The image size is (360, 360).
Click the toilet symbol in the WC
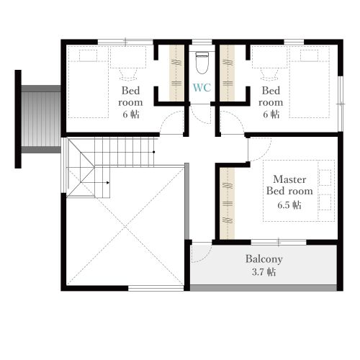tap(202, 63)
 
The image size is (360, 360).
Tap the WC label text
tap(202, 88)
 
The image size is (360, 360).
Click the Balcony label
tap(264, 259)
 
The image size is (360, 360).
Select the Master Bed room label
tap(289, 185)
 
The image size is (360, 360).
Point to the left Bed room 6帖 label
tap(130, 102)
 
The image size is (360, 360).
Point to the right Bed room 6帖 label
tap(271, 102)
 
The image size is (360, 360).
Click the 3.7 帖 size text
tap(264, 272)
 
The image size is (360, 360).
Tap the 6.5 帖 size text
tap(289, 205)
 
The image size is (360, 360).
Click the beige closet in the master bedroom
tap(227, 203)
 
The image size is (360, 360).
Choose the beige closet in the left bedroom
tap(176, 73)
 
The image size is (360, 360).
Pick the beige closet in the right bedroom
tap(227, 73)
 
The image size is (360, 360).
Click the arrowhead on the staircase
tap(108, 183)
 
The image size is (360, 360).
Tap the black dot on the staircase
tap(153, 152)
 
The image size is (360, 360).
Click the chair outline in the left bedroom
tap(127, 74)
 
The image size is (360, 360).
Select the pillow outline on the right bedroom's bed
tap(309, 55)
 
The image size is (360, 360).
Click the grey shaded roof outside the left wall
tap(41, 119)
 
